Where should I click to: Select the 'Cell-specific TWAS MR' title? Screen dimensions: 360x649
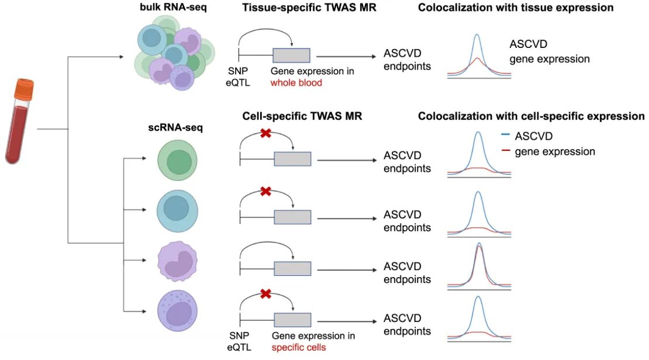(302, 116)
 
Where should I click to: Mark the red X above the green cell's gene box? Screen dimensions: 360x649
(265, 133)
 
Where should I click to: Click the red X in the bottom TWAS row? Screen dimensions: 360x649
(265, 293)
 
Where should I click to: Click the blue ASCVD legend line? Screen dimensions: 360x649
(506, 137)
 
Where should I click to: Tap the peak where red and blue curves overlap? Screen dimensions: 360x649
(479, 246)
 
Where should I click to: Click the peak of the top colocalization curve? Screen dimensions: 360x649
(478, 35)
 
